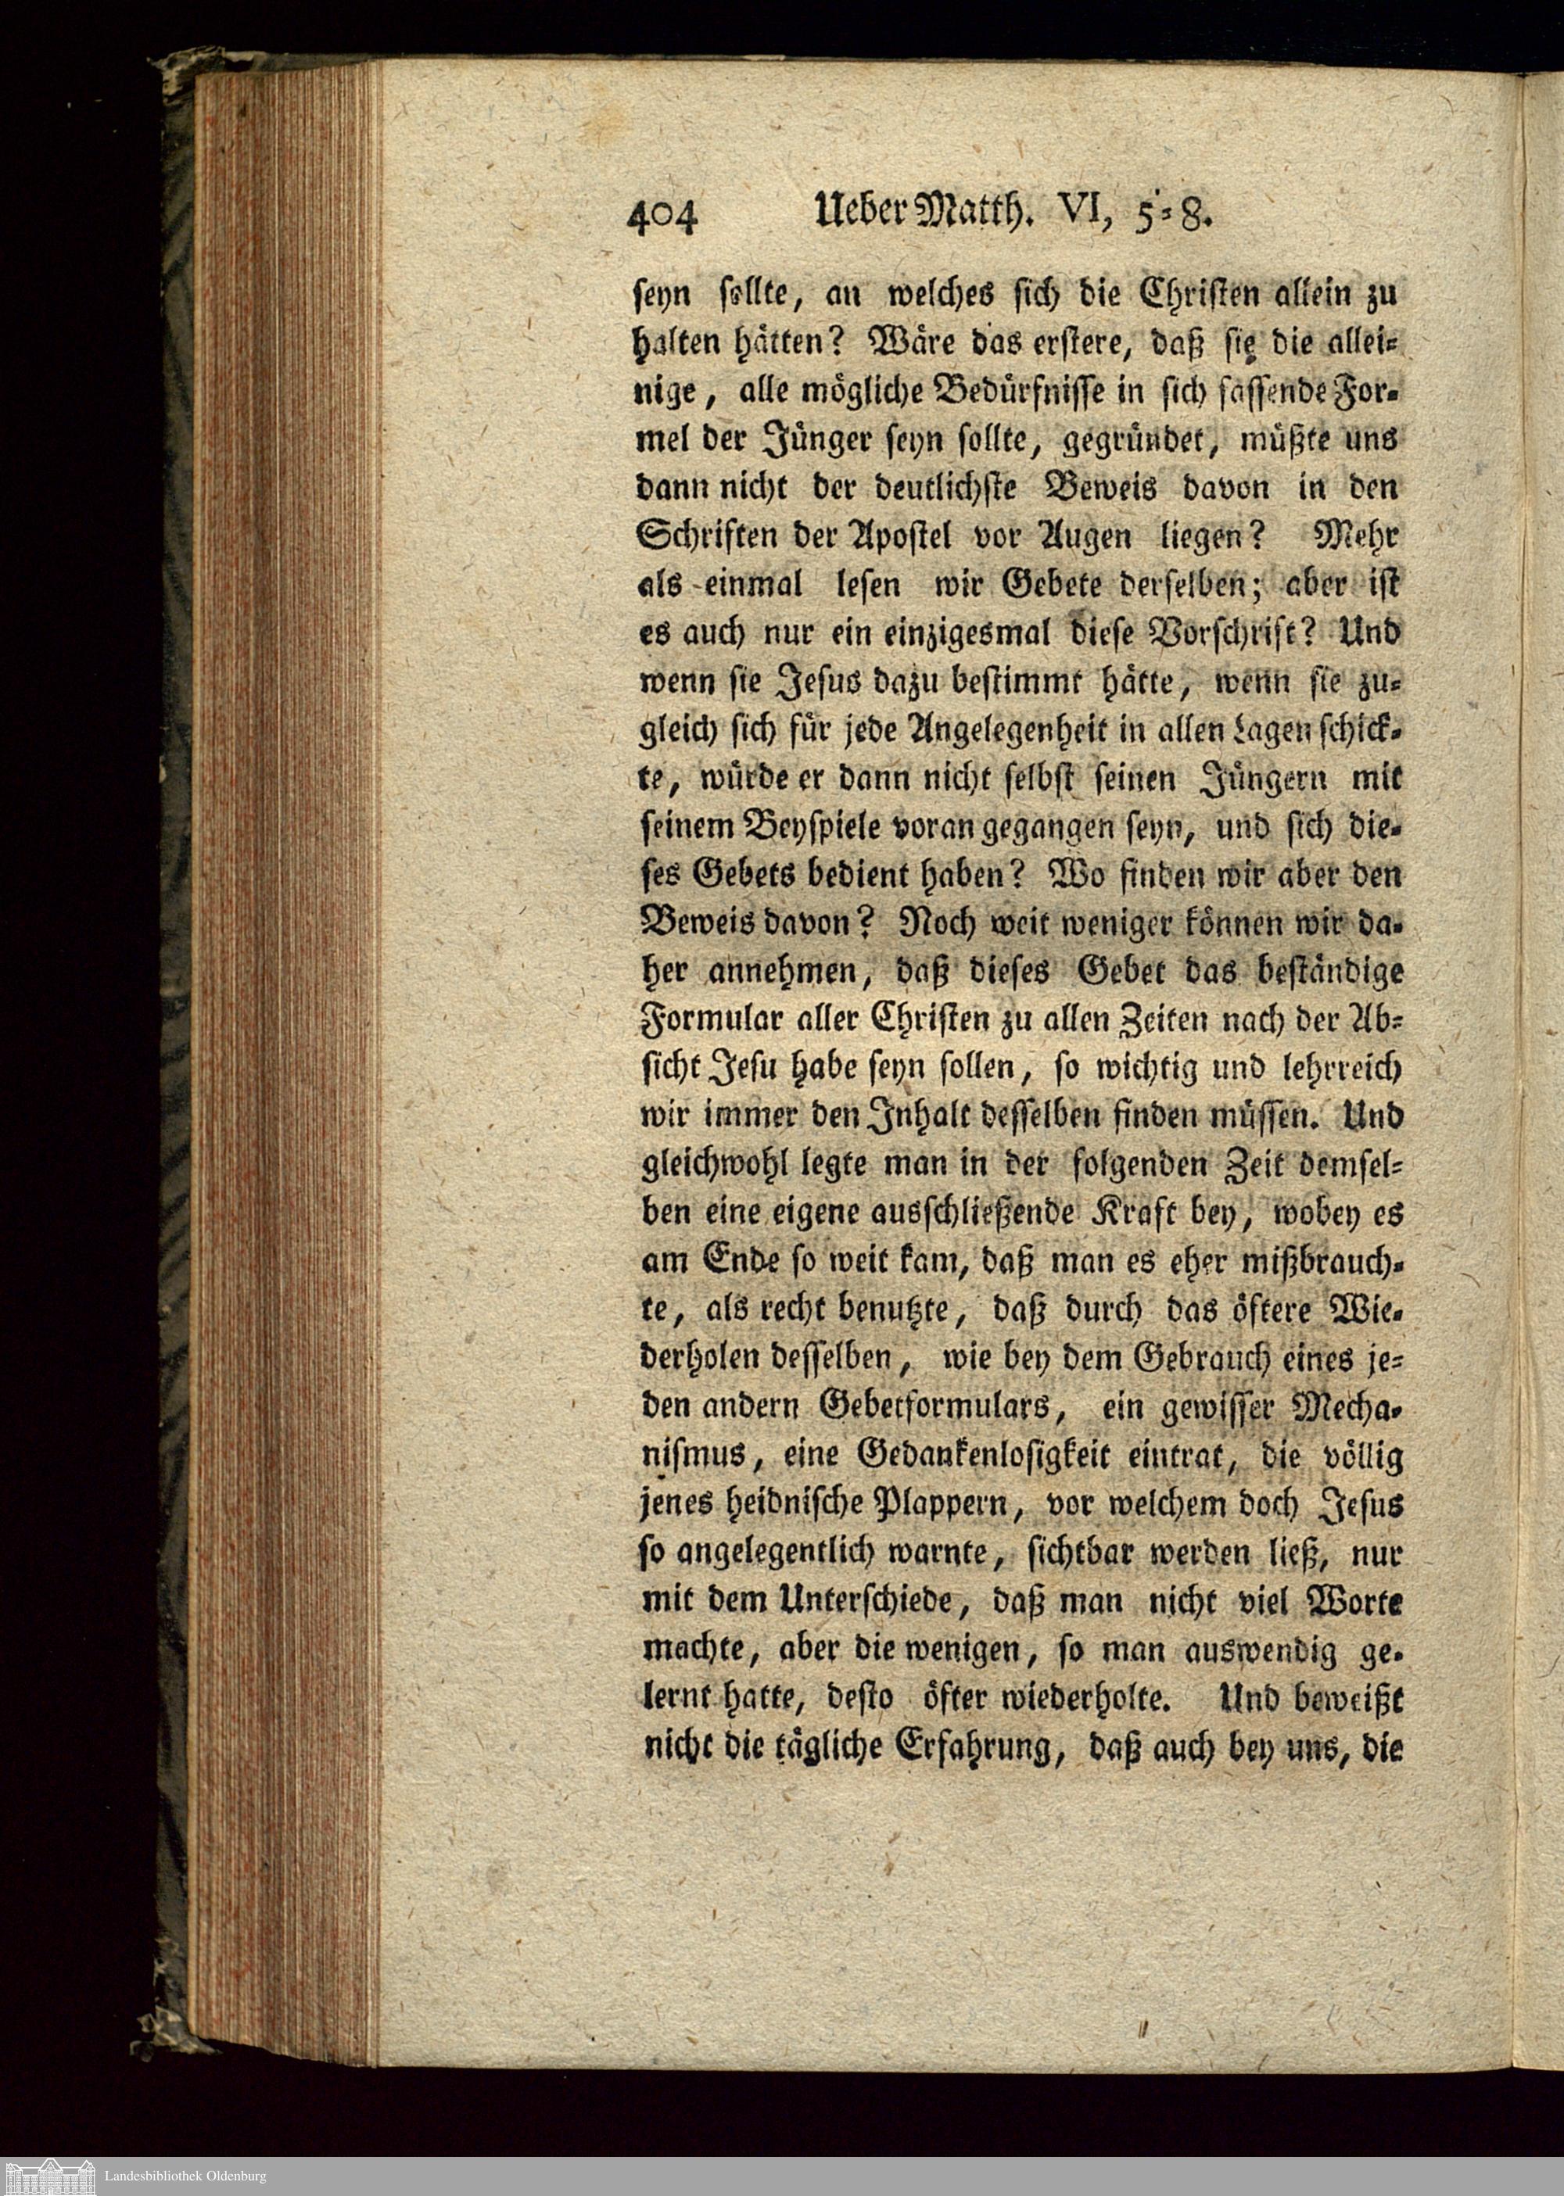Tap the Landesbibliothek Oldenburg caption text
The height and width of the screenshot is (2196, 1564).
[x=185, y=2176]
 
